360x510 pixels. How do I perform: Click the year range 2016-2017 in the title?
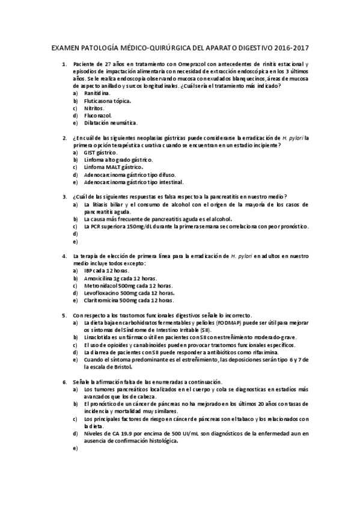click(x=293, y=47)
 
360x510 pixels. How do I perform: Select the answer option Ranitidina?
click(x=97, y=93)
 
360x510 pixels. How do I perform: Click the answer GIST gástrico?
click(x=101, y=152)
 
